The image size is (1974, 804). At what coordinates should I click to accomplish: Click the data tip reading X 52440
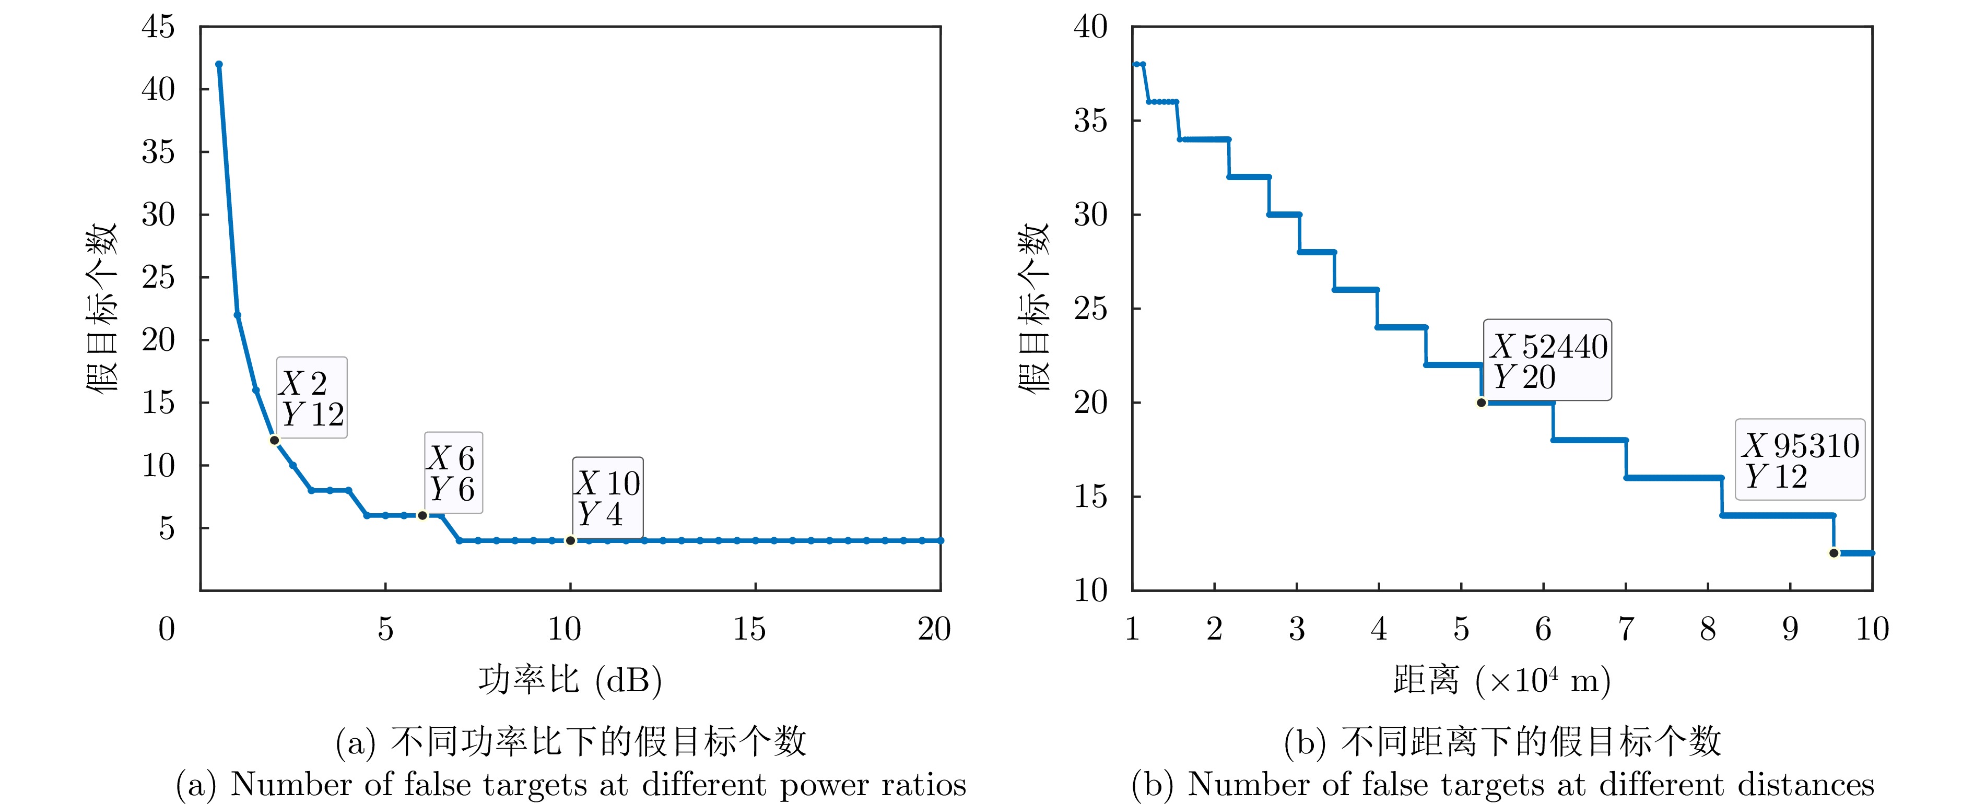tap(1547, 360)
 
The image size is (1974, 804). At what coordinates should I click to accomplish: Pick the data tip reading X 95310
tap(1799, 460)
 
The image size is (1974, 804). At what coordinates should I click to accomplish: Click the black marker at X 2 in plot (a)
tap(274, 440)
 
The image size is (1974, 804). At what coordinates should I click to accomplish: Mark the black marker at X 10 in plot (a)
tap(570, 540)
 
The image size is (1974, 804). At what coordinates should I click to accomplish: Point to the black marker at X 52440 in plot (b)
tap(1481, 403)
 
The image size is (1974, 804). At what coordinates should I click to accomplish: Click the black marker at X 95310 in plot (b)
tap(1834, 552)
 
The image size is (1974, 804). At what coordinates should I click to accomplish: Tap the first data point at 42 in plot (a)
tap(219, 64)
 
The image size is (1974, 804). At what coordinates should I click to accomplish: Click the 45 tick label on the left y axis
tap(159, 28)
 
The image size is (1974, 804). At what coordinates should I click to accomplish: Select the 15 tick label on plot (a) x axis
tap(749, 629)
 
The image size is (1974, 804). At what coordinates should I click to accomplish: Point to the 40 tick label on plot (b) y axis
tap(1090, 28)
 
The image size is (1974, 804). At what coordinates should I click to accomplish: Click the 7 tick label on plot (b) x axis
tap(1625, 629)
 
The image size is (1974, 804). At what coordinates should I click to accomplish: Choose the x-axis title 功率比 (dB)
tap(570, 680)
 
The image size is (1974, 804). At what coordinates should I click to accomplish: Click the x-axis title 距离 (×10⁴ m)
tap(1502, 680)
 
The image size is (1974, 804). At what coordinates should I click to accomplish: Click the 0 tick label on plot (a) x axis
tap(167, 629)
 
